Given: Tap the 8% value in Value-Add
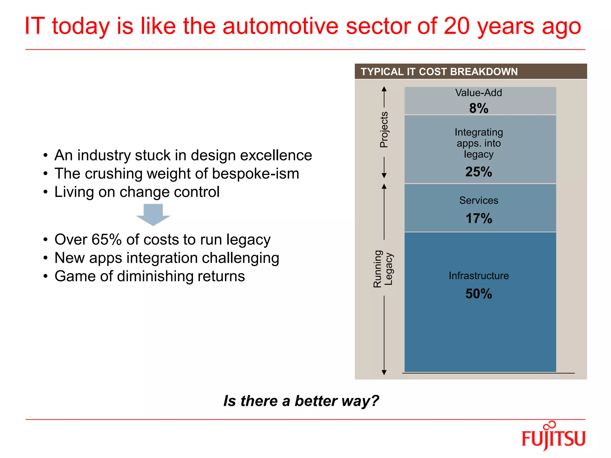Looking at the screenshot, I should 479,108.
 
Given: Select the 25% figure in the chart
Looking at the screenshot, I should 479,172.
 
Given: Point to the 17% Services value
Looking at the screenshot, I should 479,218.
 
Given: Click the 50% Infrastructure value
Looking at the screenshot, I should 479,294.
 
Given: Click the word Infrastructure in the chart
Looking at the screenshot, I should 479,276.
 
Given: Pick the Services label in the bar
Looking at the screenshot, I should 479,200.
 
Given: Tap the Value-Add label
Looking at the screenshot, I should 479,93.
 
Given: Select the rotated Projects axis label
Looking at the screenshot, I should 384,130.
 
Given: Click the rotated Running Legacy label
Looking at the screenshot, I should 383,269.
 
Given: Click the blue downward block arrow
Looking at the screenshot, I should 153,214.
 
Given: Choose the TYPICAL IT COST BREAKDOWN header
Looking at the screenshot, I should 439,72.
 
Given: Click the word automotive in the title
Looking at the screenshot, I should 280,26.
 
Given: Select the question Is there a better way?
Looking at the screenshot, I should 301,401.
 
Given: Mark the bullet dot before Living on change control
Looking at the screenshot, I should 45,192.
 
